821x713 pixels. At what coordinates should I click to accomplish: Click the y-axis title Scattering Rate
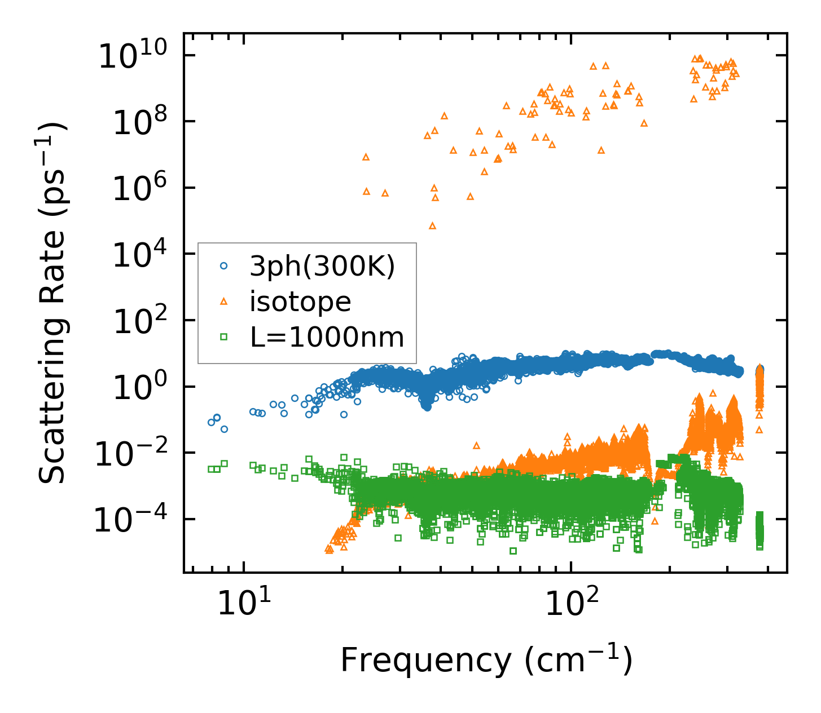(52, 303)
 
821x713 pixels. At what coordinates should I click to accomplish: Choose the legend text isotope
(300, 302)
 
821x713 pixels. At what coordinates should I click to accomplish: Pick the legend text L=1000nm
(327, 338)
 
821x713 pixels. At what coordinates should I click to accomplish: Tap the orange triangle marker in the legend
(223, 302)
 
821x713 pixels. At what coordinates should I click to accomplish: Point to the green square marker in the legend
(223, 337)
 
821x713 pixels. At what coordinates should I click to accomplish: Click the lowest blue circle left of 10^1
(224, 429)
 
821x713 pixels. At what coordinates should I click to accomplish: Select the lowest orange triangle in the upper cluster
(432, 225)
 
